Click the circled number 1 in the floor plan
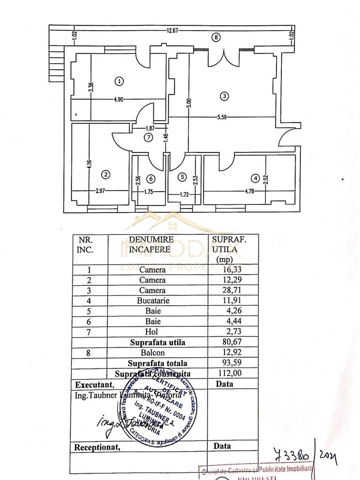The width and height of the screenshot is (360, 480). (x=119, y=81)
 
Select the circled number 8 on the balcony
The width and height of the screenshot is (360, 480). (x=216, y=37)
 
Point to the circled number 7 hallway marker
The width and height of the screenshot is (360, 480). (x=148, y=138)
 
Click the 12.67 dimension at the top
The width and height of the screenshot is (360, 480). (x=172, y=31)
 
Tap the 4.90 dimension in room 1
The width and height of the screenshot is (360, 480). (x=118, y=100)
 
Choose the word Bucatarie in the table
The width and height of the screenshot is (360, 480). (x=152, y=300)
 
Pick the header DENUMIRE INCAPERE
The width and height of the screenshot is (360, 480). (x=151, y=244)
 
